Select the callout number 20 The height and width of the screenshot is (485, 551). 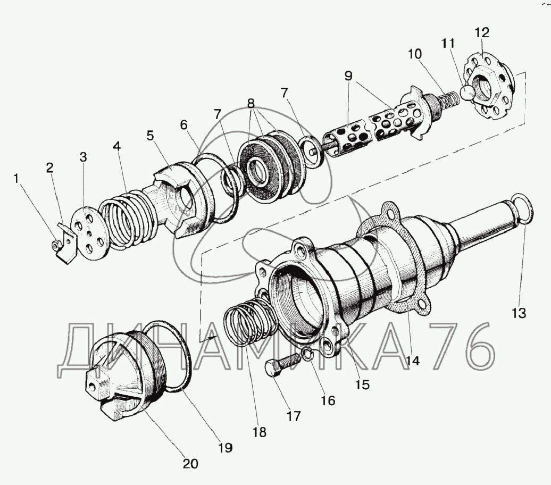click(190, 463)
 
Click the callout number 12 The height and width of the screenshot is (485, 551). click(481, 33)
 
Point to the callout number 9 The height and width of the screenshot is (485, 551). click(348, 76)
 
